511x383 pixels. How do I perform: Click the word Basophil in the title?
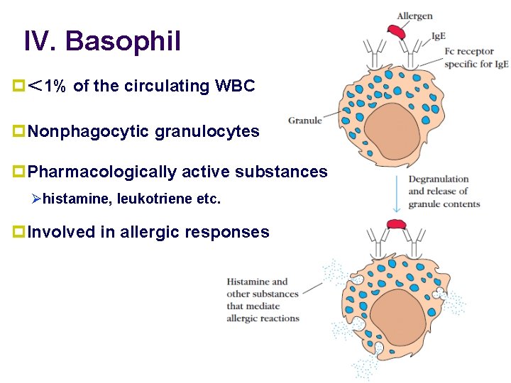(123, 41)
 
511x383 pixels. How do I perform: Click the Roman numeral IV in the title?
(40, 41)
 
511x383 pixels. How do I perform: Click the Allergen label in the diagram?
(414, 16)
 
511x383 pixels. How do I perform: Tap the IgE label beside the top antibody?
(439, 36)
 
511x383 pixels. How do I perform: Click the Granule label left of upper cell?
(304, 121)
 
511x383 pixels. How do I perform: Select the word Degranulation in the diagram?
(439, 179)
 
